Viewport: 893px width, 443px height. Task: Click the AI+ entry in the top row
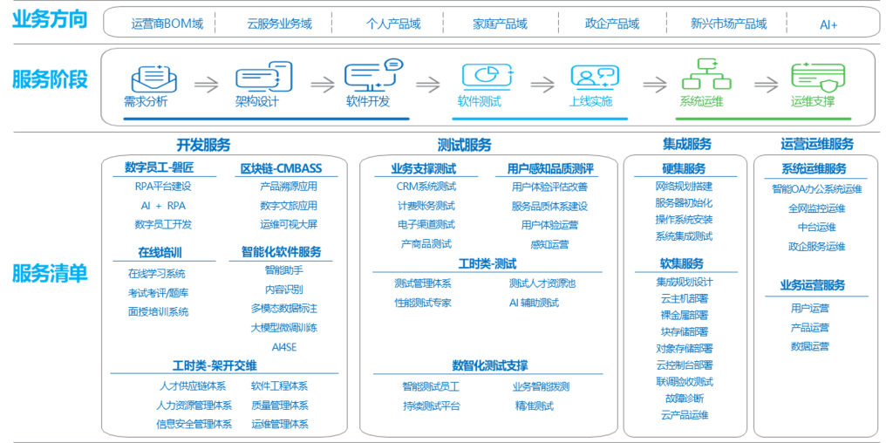click(828, 24)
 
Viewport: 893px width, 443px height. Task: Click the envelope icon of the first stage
click(153, 78)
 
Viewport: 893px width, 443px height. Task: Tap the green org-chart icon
click(702, 75)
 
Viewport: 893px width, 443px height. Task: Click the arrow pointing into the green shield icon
click(765, 85)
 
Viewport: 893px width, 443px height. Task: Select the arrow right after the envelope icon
click(206, 85)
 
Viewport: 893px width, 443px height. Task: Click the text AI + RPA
click(163, 206)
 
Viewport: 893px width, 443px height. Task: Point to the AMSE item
click(284, 346)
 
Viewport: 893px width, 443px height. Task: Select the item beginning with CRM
click(426, 187)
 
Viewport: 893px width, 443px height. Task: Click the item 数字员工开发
click(163, 224)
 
